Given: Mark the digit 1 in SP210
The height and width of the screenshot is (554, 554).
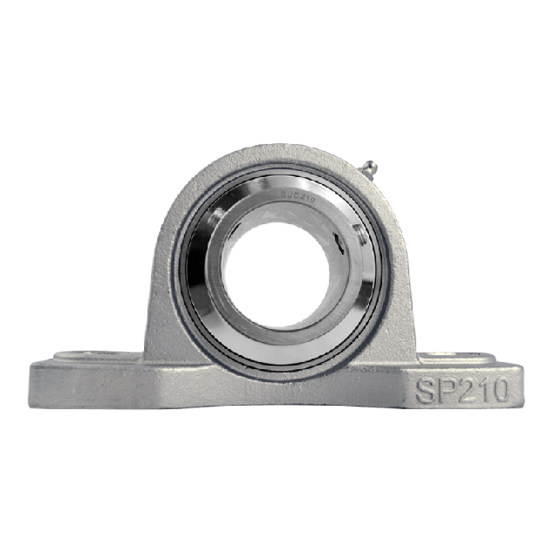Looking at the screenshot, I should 482,389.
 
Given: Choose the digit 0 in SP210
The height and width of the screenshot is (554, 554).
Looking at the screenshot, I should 497,389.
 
